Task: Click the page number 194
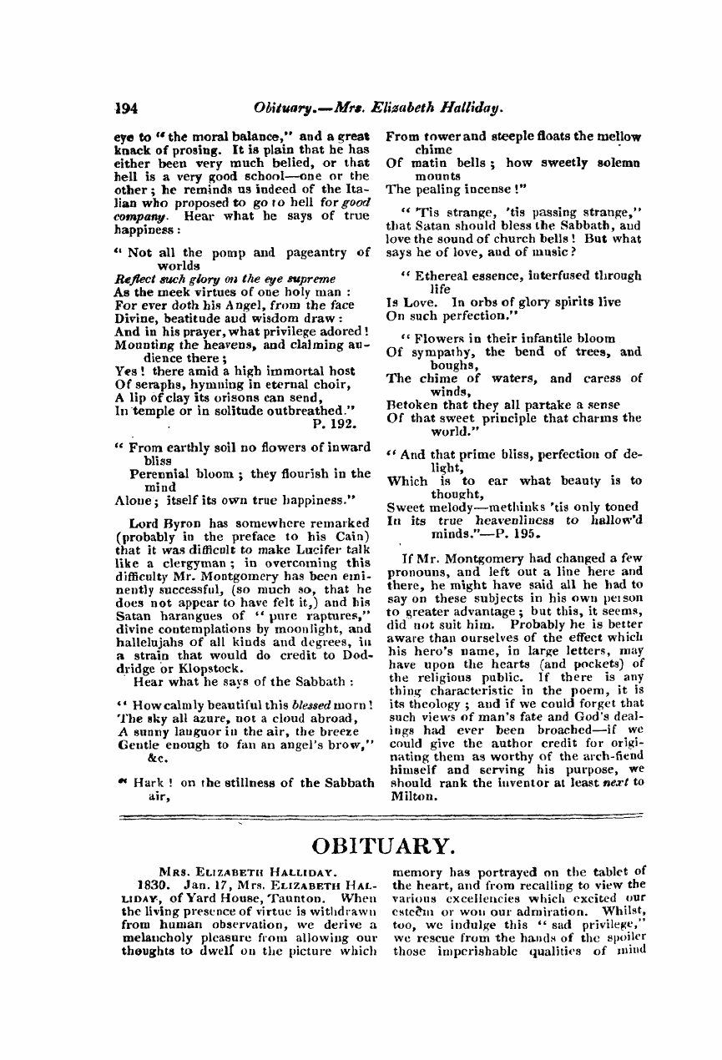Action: click(x=126, y=108)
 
